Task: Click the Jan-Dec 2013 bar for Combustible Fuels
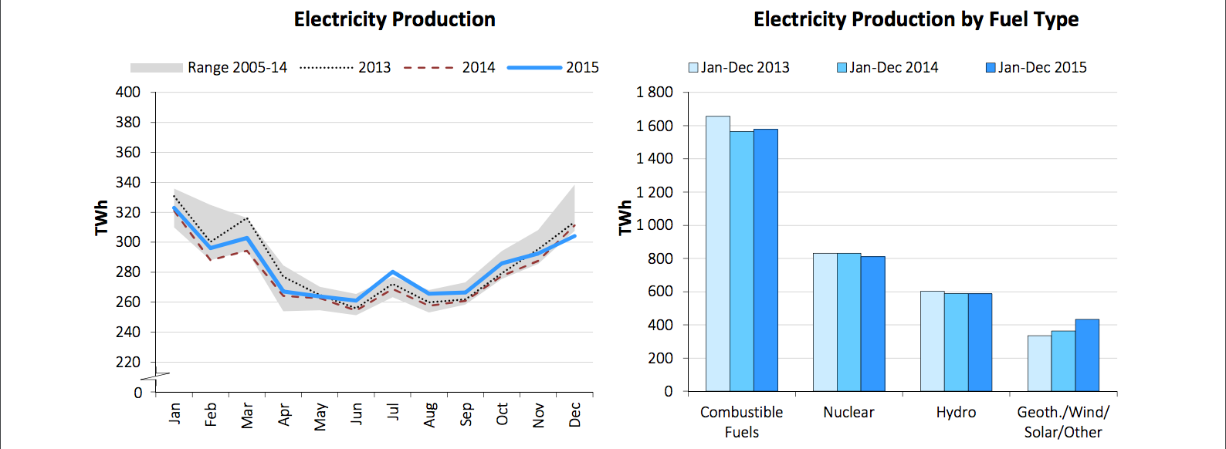717,255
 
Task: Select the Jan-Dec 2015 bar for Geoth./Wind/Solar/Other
1087,356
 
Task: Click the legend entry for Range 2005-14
208,68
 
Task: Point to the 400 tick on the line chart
128,93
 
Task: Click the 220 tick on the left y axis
128,362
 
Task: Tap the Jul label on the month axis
393,412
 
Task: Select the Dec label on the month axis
575,414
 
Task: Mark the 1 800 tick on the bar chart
654,93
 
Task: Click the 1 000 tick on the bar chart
654,225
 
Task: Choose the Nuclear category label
848,413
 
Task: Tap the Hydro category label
956,413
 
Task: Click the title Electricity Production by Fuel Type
916,19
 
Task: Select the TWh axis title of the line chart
101,218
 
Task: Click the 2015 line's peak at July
393,272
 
